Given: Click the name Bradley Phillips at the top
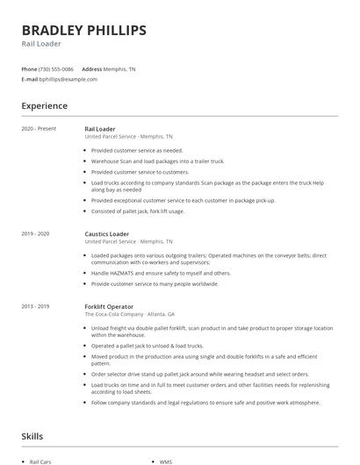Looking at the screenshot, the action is (83, 31).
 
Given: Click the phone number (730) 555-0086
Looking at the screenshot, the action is (56, 69).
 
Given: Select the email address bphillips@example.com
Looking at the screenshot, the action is (68, 79).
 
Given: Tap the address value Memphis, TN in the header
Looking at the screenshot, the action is (120, 69).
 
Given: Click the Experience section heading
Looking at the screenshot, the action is (44, 106).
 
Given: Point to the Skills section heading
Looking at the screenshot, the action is (32, 436).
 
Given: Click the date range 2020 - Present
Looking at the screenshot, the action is (39, 129).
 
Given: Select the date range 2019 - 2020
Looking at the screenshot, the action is (35, 234).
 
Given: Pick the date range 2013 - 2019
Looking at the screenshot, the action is (35, 306).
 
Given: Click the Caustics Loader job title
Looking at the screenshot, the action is (106, 234).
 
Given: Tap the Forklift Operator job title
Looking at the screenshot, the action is (109, 306).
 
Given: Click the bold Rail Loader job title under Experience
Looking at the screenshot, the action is (99, 129).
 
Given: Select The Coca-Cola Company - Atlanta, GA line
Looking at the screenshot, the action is (129, 314).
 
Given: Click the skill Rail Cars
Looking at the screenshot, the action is (40, 461).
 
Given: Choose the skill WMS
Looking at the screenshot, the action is (166, 461).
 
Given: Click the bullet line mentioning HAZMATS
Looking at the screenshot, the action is (161, 273).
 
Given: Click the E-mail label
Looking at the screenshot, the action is (29, 79).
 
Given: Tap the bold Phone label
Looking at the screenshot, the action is (29, 69).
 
